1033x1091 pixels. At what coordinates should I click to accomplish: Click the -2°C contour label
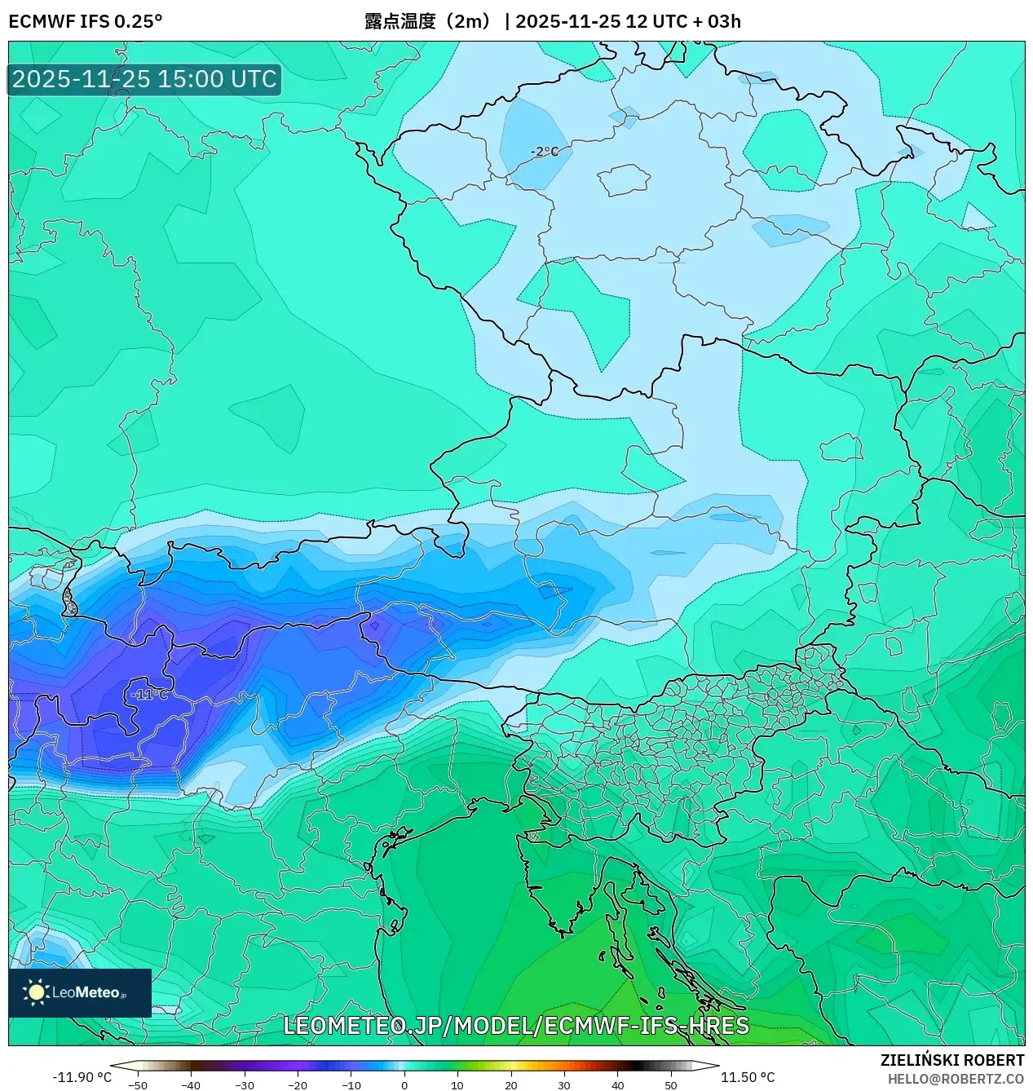[545, 152]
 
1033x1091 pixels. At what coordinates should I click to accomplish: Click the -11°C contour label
[149, 695]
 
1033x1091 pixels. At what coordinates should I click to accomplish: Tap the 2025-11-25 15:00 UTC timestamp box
[144, 79]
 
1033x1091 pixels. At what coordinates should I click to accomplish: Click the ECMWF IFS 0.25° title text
[86, 21]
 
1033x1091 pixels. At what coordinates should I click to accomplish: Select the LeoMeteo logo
[80, 992]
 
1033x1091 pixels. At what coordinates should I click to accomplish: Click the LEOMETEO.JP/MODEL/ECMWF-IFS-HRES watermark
[516, 1026]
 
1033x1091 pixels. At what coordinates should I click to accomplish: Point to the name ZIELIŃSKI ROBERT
[952, 1060]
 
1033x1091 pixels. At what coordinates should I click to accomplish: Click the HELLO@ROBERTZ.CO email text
[956, 1079]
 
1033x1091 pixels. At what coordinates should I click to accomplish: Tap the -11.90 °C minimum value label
[82, 1077]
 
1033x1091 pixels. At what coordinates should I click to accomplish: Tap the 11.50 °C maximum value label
[748, 1077]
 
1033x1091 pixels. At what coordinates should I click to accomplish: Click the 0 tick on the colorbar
[404, 1084]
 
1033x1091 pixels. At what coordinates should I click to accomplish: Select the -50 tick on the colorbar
[138, 1084]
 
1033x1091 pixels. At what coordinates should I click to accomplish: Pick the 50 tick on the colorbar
[671, 1084]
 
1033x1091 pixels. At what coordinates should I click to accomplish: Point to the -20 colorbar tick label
[298, 1084]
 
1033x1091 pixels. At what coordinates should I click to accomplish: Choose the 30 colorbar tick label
[564, 1084]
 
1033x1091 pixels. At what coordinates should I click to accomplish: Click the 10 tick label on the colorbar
[457, 1084]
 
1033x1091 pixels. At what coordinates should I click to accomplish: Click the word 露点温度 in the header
[400, 21]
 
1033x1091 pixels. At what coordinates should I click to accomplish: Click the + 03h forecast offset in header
[717, 21]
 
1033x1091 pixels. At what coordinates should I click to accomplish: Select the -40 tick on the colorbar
[191, 1084]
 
